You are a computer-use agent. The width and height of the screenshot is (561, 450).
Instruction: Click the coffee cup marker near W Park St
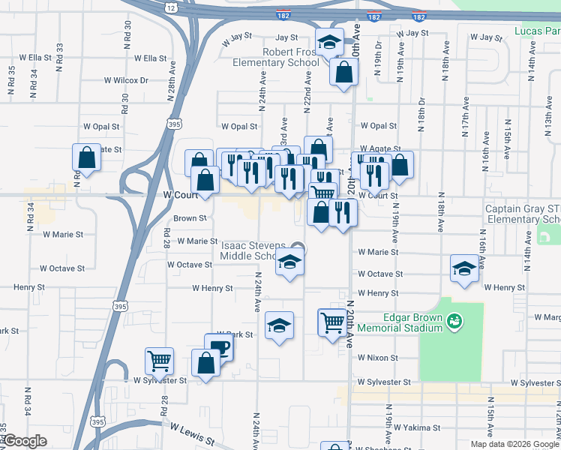pyautogui.click(x=218, y=347)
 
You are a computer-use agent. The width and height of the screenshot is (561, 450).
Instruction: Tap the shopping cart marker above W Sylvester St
pyautogui.click(x=159, y=361)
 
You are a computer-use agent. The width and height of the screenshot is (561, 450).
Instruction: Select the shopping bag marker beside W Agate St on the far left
pyautogui.click(x=87, y=157)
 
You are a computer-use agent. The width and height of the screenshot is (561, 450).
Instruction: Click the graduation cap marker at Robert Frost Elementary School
pyautogui.click(x=329, y=42)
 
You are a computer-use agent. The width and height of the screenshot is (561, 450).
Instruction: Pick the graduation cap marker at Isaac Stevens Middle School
pyautogui.click(x=289, y=262)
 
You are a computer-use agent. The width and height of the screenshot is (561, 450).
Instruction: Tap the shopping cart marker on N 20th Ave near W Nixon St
pyautogui.click(x=332, y=322)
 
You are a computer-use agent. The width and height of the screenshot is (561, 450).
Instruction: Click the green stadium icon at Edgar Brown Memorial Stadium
pyautogui.click(x=453, y=322)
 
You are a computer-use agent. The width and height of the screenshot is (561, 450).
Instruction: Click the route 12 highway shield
pyautogui.click(x=172, y=7)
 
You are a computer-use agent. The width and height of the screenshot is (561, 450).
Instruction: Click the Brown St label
pyautogui.click(x=190, y=218)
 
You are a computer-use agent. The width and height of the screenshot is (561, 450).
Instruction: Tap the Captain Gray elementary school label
pyautogui.click(x=523, y=214)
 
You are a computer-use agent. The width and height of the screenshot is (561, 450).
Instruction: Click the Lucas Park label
pyautogui.click(x=537, y=31)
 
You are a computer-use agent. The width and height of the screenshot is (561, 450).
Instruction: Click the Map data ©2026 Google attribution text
pyautogui.click(x=514, y=444)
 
